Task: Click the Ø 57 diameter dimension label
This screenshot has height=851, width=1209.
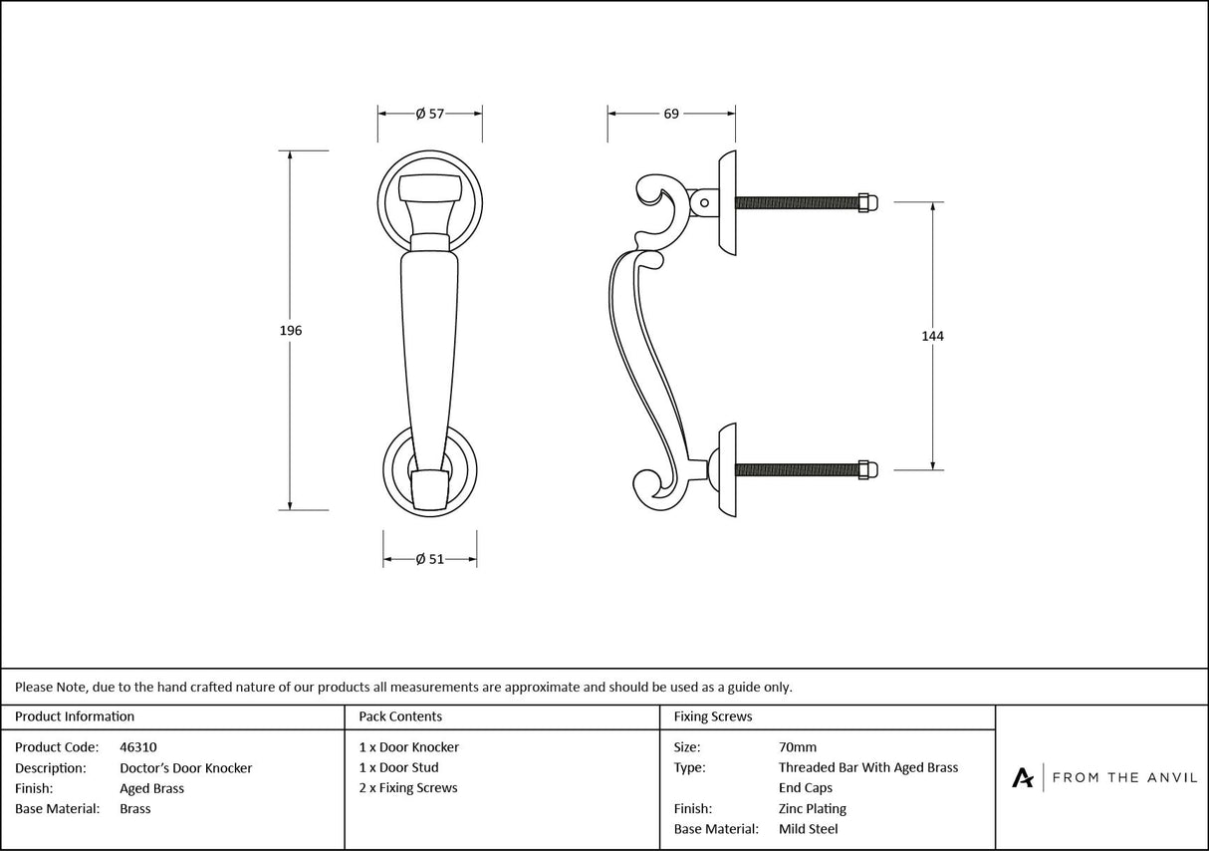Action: (429, 114)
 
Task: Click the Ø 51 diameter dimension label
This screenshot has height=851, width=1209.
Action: (429, 560)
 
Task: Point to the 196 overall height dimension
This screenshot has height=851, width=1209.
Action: (291, 331)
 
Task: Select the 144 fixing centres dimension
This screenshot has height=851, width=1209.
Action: (932, 336)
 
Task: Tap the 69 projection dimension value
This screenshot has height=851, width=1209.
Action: (671, 114)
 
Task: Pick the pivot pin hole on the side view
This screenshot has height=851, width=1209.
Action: (704, 202)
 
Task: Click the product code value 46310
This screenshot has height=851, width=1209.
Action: (137, 747)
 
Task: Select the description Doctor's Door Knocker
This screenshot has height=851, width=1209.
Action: (185, 768)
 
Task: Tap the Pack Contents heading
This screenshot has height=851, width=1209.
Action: (400, 716)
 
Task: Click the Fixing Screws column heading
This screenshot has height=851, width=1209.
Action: (713, 716)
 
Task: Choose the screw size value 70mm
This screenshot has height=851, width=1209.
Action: (798, 747)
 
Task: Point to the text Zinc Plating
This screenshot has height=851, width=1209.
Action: (813, 809)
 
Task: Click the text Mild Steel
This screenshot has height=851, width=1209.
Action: (808, 829)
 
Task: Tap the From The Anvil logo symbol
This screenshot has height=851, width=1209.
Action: (1023, 777)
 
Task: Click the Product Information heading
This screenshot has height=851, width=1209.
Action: (75, 716)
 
